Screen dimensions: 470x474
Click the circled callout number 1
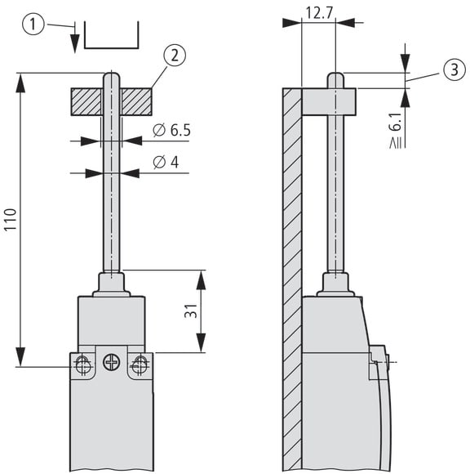[33, 24]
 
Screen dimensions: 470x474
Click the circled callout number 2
[175, 56]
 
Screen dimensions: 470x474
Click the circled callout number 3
[454, 69]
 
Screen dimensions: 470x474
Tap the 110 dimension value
[10, 220]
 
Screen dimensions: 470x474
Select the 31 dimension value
[191, 311]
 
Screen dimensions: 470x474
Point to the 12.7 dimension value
[319, 13]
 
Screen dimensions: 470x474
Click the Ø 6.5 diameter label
[171, 130]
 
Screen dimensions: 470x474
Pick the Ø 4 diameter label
[166, 162]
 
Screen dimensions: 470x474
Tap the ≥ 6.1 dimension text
[396, 132]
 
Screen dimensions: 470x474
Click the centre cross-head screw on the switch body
[112, 362]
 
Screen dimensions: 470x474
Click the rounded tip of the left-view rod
[112, 76]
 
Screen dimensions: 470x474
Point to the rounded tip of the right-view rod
[335, 76]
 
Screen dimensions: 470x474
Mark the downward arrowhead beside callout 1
[74, 43]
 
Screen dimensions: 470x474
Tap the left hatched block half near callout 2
[86, 102]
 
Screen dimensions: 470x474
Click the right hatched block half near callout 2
[137, 102]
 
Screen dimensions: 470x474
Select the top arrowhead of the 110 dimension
[20, 83]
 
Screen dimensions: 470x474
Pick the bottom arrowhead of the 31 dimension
[201, 343]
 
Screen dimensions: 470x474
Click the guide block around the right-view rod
[329, 102]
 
